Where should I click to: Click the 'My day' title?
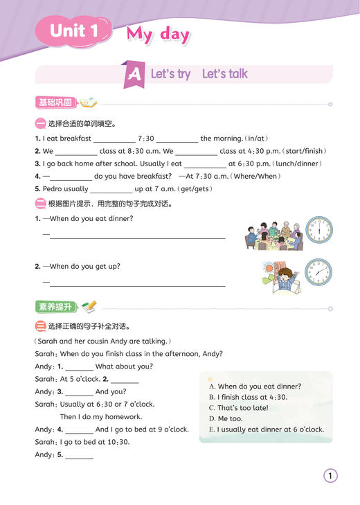158,34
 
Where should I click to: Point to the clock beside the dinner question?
318,231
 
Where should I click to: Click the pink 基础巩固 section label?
55,103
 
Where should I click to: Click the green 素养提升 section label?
55,306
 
